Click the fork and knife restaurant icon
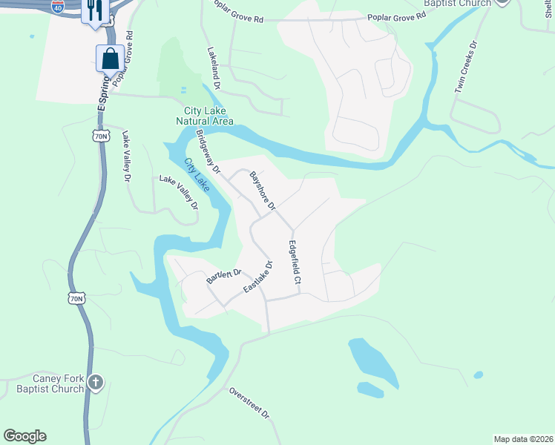click(x=94, y=10)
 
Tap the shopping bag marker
click(x=110, y=58)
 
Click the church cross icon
click(x=95, y=383)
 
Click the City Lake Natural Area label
click(x=204, y=116)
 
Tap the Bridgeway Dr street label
click(x=208, y=152)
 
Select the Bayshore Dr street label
click(x=263, y=190)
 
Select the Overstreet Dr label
click(x=248, y=403)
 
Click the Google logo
click(x=24, y=436)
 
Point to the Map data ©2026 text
click(x=522, y=439)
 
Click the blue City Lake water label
click(x=197, y=172)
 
